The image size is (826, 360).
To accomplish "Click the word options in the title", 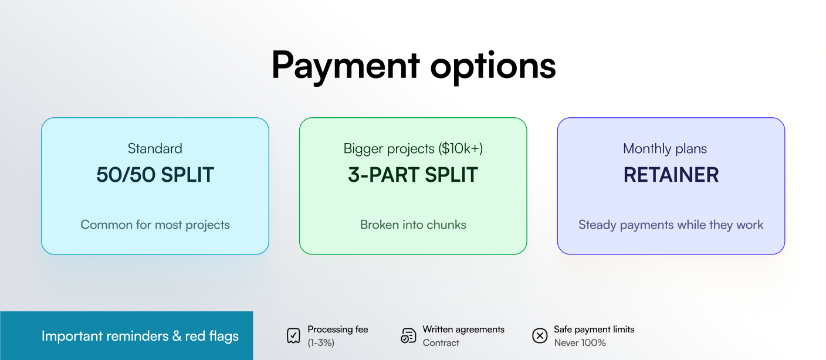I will tap(493, 66).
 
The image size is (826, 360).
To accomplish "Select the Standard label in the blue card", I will tap(155, 148).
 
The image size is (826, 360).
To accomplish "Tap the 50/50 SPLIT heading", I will tap(155, 175).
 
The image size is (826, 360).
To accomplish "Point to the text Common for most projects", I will tap(155, 225).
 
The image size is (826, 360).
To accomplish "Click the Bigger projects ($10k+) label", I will tap(413, 148).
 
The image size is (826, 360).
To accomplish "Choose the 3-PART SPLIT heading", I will tap(413, 175).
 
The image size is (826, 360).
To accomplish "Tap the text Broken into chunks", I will tap(413, 225).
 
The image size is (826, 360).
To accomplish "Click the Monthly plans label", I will tap(665, 148).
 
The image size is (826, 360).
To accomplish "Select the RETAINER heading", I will tap(671, 175).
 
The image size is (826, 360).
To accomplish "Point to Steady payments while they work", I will tap(671, 225).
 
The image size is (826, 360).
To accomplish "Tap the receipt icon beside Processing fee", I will tap(293, 336).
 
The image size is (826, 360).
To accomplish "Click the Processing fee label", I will tap(338, 330).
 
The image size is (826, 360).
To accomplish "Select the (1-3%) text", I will tap(321, 343).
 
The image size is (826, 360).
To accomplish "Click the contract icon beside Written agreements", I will tap(408, 336).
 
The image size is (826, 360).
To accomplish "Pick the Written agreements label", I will tap(463, 330).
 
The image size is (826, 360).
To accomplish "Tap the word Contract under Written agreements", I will tap(441, 343).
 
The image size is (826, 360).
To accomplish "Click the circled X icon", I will tap(539, 336).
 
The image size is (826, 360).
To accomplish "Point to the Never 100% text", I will tap(580, 343).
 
